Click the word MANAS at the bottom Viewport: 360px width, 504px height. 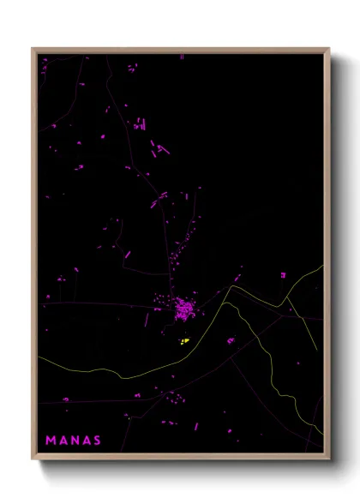(x=74, y=441)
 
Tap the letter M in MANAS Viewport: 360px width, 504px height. (x=51, y=441)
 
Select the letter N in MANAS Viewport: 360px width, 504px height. (x=75, y=441)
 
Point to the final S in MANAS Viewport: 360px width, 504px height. (x=97, y=441)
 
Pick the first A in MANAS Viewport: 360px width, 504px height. (x=63, y=441)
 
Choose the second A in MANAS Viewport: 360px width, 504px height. (x=86, y=441)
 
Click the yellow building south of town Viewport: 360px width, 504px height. (x=184, y=341)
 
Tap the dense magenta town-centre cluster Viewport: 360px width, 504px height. (x=183, y=309)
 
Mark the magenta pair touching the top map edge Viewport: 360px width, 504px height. (x=182, y=56)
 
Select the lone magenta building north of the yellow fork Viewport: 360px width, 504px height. (x=236, y=278)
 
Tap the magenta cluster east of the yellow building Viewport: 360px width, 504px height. (x=230, y=340)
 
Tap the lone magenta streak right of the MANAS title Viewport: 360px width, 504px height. (x=195, y=425)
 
